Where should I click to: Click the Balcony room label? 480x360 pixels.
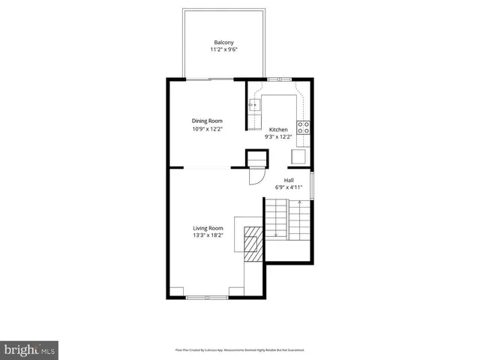(223, 42)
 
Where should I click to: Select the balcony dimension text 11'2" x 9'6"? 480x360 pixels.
(223, 50)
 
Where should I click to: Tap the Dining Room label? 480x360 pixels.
(207, 121)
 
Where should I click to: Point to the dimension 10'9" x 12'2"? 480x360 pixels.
(207, 129)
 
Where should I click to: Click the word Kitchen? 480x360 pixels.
(278, 129)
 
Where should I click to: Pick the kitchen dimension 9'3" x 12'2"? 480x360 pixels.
(278, 136)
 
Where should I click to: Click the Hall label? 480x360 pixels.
(289, 181)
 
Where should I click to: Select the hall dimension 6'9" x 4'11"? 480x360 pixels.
(289, 188)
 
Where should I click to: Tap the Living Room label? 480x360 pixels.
(208, 228)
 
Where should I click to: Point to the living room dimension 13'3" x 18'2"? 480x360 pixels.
(208, 235)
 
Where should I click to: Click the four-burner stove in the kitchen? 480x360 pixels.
(304, 127)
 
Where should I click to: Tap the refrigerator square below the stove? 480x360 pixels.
(298, 155)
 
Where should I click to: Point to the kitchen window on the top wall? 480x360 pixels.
(274, 78)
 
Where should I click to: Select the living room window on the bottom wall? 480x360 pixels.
(207, 298)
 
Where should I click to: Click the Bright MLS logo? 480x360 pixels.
(29, 349)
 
